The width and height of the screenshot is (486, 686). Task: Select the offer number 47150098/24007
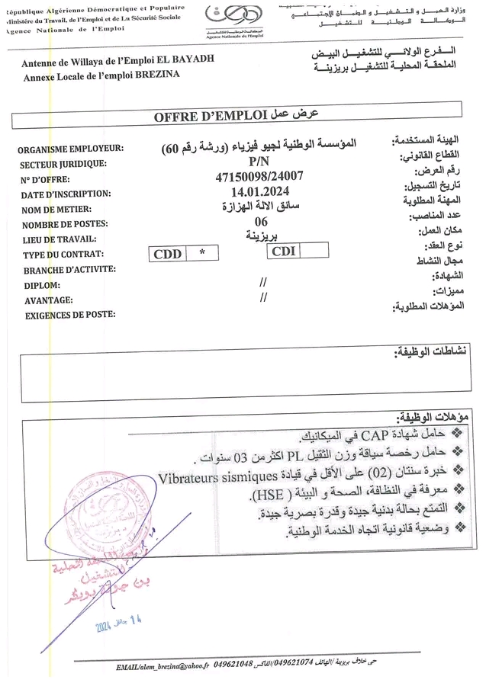click(259, 176)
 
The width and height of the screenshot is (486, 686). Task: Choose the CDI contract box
click(283, 250)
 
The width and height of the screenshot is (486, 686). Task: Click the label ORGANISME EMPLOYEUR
click(72, 149)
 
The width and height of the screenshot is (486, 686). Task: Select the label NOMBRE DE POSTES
click(64, 225)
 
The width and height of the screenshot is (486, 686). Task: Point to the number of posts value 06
click(261, 221)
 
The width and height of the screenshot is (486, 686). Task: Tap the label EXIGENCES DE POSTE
click(70, 314)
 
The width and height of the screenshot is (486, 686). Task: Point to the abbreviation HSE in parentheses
click(272, 496)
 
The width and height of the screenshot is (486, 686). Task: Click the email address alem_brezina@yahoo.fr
click(162, 667)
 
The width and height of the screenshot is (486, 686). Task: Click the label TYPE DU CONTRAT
click(63, 255)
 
